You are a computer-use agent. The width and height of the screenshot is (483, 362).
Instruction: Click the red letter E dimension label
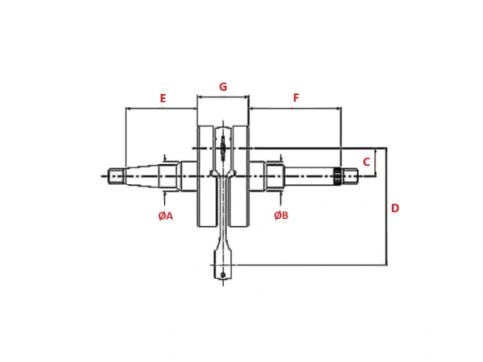[x=163, y=98]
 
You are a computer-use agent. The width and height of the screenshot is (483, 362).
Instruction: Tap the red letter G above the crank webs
[x=223, y=87]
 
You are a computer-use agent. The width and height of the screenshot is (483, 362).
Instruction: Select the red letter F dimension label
[x=295, y=98]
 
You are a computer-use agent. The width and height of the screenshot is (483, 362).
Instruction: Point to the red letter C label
[x=366, y=162]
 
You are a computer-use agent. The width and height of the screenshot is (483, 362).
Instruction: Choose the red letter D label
[x=395, y=208]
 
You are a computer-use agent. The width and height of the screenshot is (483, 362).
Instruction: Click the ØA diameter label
[x=166, y=216]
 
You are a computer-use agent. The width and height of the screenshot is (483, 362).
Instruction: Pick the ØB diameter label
[x=281, y=216]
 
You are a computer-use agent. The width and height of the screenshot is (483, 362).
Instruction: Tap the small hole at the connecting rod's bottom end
[x=223, y=276]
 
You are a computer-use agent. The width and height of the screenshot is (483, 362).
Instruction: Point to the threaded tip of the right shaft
[x=351, y=175]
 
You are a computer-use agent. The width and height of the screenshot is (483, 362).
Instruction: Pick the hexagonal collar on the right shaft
[x=275, y=175]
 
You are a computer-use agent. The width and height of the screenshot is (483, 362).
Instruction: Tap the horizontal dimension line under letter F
[x=295, y=109]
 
